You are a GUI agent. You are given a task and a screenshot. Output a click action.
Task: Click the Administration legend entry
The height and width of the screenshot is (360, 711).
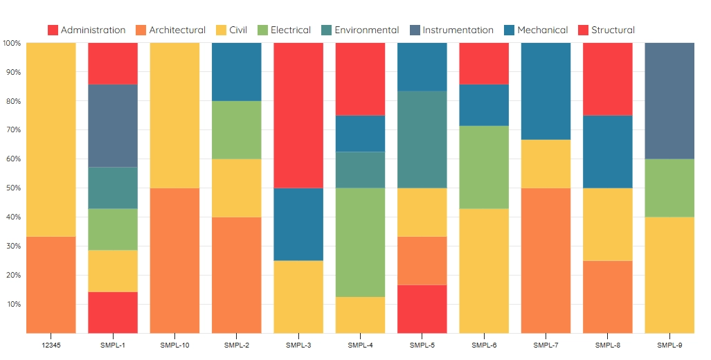coord(87,30)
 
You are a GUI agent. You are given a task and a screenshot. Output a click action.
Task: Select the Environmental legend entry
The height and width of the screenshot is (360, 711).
coord(360,30)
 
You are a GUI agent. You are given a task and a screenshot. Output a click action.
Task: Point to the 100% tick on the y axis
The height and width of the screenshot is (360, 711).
coord(12,43)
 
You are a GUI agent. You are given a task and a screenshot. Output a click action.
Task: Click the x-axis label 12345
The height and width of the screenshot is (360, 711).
coord(51,345)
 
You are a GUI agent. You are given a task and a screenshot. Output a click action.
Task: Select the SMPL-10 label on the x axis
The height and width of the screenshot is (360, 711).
coord(174,345)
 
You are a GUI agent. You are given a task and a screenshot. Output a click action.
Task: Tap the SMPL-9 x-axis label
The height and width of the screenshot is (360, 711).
coord(669,345)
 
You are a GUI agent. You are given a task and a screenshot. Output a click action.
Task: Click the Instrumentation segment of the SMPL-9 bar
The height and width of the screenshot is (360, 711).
coord(669,101)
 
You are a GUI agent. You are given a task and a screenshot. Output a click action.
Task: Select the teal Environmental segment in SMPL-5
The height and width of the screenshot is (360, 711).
coord(422,139)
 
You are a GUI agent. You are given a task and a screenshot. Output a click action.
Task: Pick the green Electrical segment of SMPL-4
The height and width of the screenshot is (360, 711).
coord(360,242)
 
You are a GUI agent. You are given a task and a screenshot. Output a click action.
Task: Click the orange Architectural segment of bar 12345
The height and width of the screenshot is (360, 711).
coord(51,285)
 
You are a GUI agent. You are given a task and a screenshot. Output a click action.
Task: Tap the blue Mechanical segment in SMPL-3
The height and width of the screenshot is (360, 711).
coord(298,224)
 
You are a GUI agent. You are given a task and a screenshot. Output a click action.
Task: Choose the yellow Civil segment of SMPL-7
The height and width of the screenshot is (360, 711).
coord(546,163)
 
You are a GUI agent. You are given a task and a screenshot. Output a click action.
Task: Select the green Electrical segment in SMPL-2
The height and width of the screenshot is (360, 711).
coord(236,130)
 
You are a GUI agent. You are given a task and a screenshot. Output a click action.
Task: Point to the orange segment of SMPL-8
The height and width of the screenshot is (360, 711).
coord(607,296)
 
